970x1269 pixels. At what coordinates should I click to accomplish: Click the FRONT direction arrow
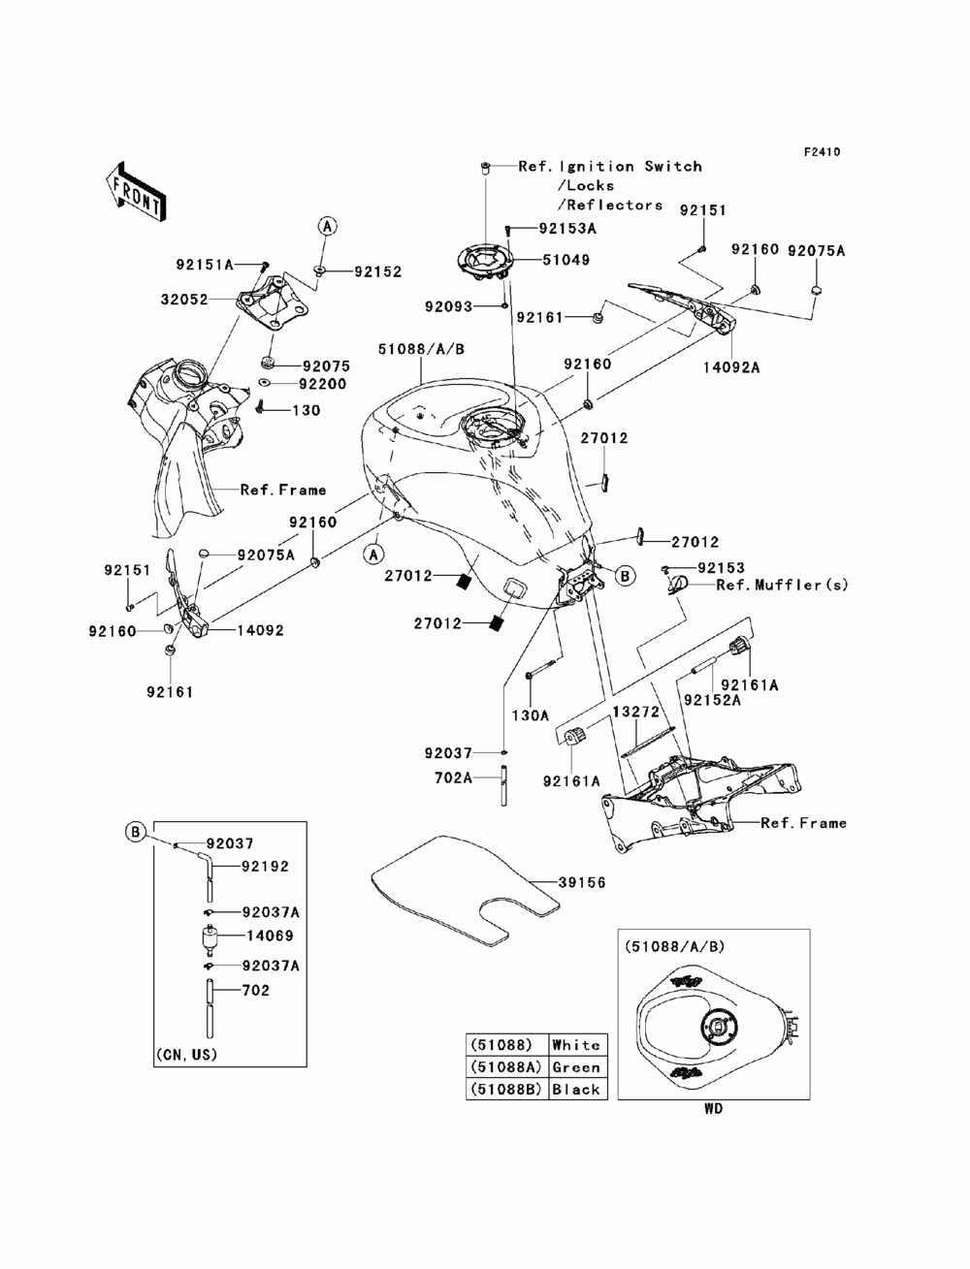pos(135,191)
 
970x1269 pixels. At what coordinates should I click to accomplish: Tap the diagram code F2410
pos(821,152)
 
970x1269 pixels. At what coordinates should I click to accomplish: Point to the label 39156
pos(581,883)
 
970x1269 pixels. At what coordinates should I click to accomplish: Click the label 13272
pos(634,712)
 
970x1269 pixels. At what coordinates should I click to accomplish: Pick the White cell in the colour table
pos(576,1045)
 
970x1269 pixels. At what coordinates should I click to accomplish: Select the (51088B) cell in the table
pos(505,1090)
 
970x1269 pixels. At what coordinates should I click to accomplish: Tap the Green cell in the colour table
pos(576,1067)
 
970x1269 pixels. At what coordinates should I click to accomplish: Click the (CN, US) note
pos(186,1054)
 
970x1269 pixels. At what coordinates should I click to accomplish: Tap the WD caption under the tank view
pos(713,1109)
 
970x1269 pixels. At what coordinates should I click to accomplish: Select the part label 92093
pos(448,306)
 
